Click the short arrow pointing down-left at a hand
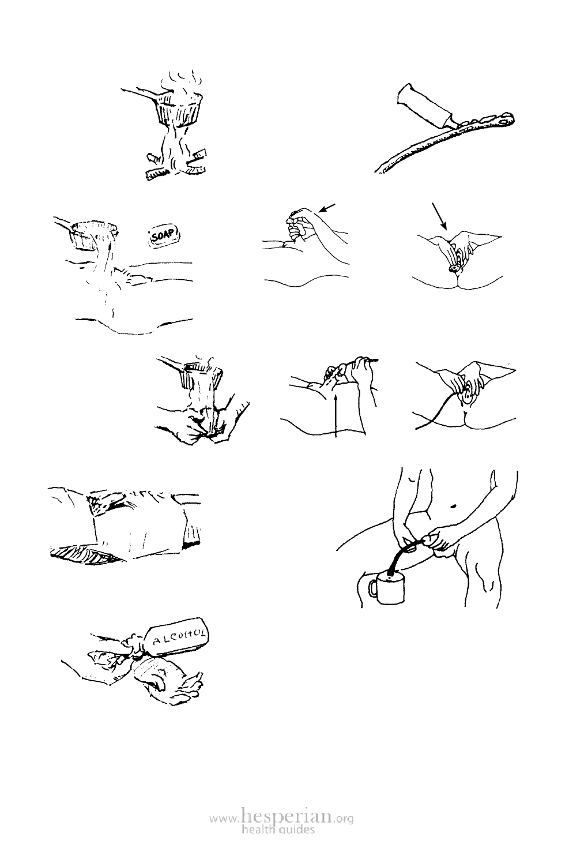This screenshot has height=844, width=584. [326, 207]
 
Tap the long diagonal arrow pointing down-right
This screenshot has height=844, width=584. [439, 216]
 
